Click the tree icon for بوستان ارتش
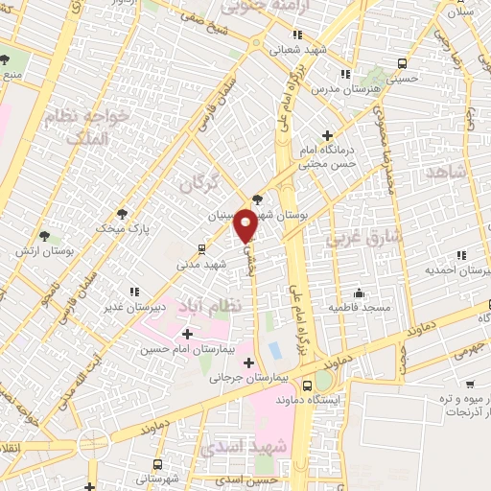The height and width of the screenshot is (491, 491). click(44, 235)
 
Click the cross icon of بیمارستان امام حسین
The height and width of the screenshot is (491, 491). click(187, 334)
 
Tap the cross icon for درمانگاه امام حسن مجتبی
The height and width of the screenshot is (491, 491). click(328, 135)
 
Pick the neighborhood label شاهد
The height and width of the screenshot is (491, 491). click(448, 172)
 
